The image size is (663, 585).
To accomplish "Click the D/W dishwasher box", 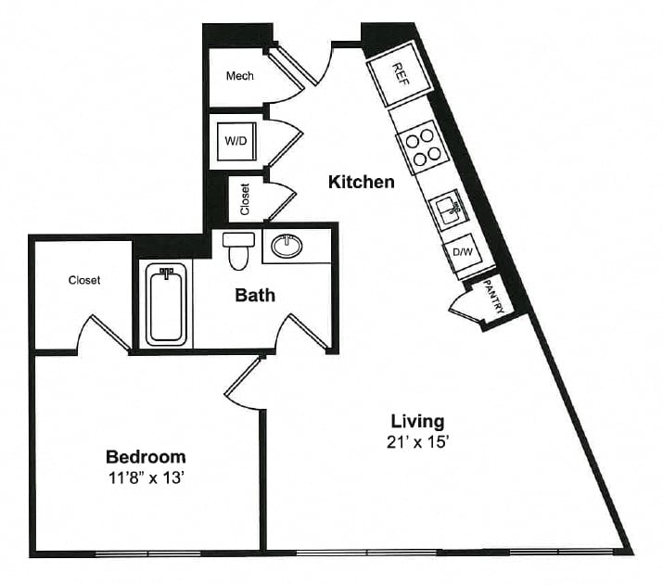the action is pos(463,252).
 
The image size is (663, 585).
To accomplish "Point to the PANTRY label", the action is pos(493,296).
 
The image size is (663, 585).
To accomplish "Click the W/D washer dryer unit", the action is pos(236,141).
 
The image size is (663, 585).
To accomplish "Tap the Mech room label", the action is pos(240,76).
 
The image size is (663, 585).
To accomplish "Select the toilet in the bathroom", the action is pos(238,251).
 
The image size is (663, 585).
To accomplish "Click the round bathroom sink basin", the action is pos(287,247).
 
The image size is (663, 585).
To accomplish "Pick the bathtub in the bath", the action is pos(166,304).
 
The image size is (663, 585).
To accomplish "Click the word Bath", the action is pos(255,295).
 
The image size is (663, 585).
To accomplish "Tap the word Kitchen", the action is pos(362,182).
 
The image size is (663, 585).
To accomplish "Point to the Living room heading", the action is pos(418,422).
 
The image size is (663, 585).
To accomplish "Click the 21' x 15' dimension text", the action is pos(417,442).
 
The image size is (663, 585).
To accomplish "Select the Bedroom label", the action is pos(146,457).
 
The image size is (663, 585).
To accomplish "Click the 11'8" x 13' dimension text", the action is pos(146,478).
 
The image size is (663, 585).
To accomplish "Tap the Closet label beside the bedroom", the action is pos(84,280).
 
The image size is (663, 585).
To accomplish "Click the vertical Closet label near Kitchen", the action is pos(245,199).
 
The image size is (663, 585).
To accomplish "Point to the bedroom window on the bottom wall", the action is pos(148,553).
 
